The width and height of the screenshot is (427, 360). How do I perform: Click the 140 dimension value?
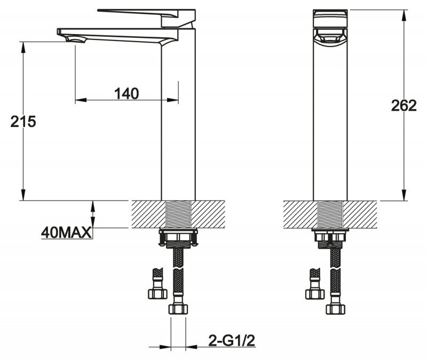[x=126, y=94]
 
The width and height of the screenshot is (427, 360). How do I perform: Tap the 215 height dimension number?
[x=23, y=122]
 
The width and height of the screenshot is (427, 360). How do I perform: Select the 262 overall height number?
[x=404, y=105]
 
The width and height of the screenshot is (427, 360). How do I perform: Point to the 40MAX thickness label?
[x=66, y=233]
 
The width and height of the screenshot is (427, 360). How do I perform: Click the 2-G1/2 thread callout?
[x=232, y=340]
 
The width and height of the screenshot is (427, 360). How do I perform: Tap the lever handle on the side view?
[x=146, y=17]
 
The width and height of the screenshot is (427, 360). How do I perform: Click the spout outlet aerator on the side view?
[x=75, y=40]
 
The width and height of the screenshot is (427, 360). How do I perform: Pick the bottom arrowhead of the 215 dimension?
[x=23, y=195]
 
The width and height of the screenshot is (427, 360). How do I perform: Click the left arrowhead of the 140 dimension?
[x=81, y=100]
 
